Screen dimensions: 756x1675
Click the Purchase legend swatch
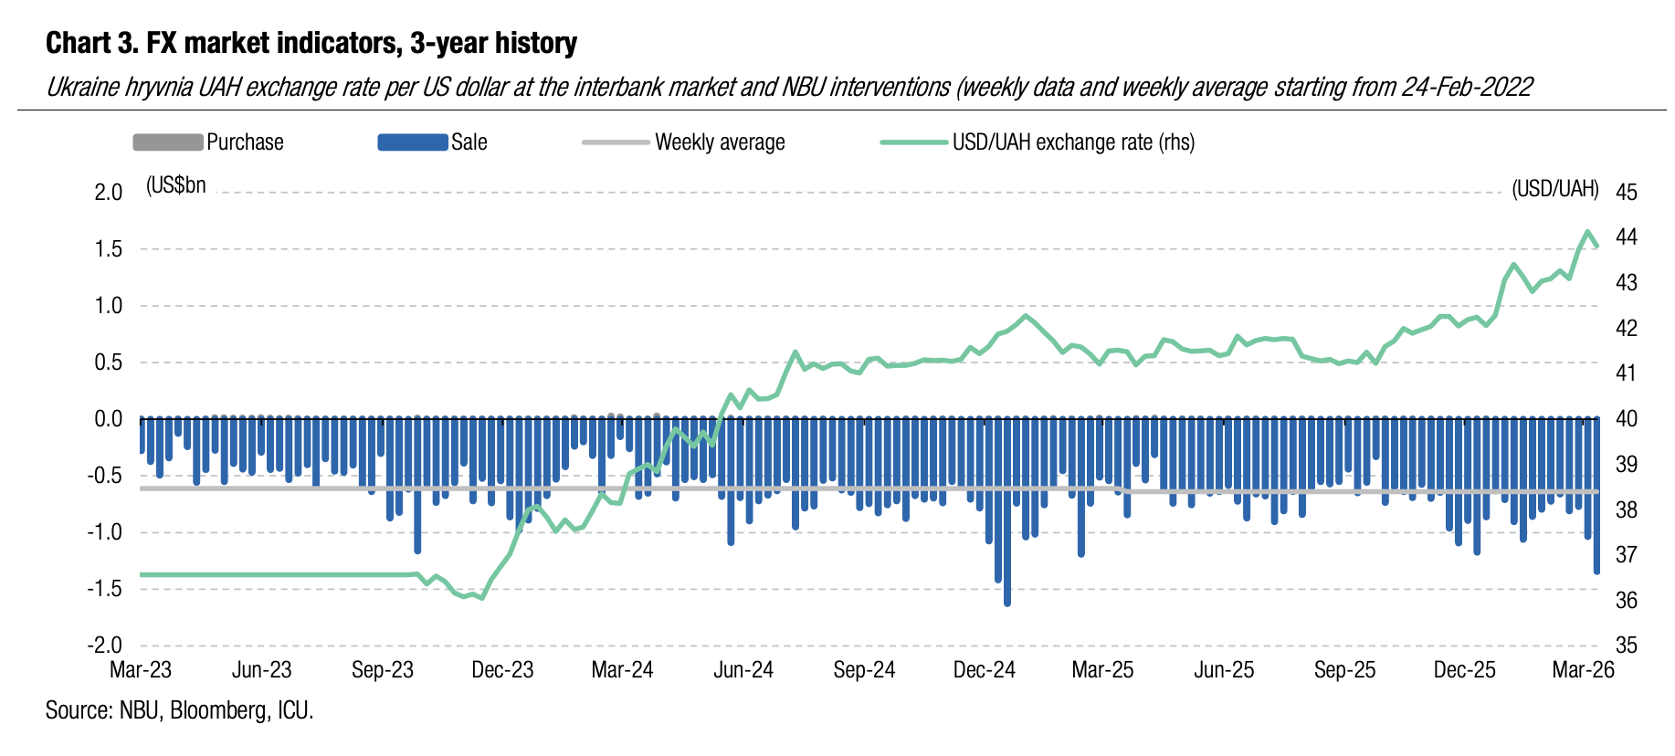coord(167,142)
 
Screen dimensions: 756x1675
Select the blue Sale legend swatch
coord(412,142)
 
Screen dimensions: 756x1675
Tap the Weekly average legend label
coord(720,142)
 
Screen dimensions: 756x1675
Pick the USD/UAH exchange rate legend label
coord(1073,142)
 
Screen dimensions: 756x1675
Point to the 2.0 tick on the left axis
coord(108,193)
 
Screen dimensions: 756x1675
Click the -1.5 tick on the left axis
coord(104,589)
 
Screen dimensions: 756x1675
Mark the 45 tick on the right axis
coord(1627,193)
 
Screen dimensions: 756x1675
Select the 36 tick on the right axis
coord(1627,601)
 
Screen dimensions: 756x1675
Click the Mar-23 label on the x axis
coord(141,670)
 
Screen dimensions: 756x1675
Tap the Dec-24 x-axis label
coord(984,670)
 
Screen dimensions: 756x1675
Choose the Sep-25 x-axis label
coord(1344,670)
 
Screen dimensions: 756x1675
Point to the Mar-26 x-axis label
coord(1584,670)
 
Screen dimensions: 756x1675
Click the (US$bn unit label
coord(176,185)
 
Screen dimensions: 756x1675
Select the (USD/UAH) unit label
coord(1555,189)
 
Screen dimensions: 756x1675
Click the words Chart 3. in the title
coord(92,43)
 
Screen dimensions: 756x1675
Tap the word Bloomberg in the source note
coord(218,710)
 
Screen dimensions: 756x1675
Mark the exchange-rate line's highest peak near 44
coord(1587,232)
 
